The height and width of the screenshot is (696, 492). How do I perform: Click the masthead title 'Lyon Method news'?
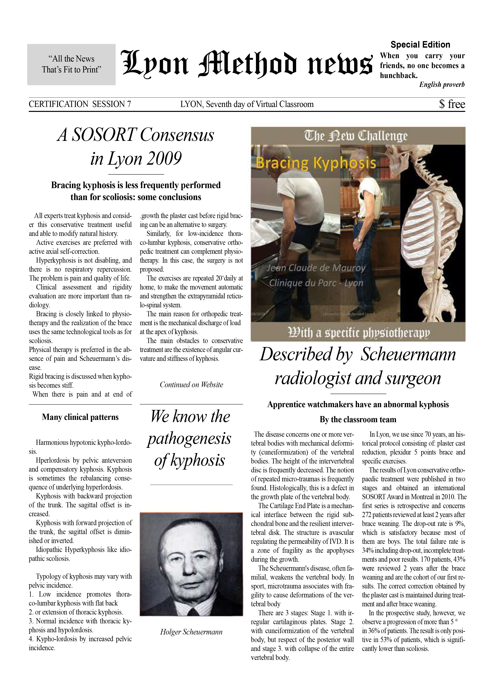point(246,64)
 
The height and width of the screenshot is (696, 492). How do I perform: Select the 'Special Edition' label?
point(420,45)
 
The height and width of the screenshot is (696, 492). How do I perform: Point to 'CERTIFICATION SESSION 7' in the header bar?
point(80,104)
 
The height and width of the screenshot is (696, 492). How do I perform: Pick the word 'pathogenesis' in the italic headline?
point(189,439)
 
